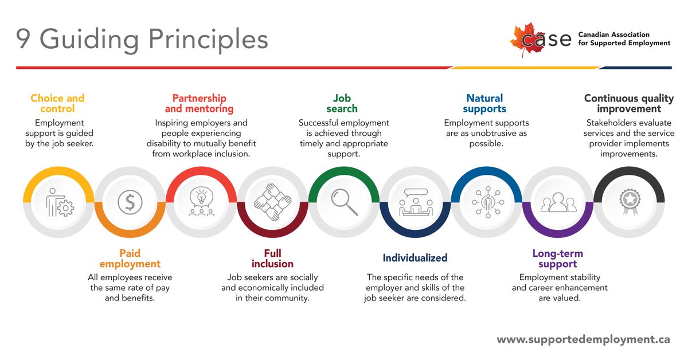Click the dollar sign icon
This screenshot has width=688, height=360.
coord(130,202)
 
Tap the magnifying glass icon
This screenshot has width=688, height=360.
coord(344,202)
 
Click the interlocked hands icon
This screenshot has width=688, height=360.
coord(272,202)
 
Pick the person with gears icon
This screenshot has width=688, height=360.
coord(59,202)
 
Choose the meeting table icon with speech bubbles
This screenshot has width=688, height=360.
coord(415,202)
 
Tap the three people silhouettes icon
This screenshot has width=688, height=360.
coord(557,202)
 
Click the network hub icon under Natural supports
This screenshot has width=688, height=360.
coord(486,202)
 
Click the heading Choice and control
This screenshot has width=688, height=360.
coord(57,103)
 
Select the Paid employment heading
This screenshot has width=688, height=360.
coord(130,259)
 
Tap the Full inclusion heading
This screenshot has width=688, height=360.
coord(272,259)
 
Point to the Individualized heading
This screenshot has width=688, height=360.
coord(415,258)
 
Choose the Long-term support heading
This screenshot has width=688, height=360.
coord(557,259)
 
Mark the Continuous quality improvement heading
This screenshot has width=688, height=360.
coord(629,103)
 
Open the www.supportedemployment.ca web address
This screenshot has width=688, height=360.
coord(583,339)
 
